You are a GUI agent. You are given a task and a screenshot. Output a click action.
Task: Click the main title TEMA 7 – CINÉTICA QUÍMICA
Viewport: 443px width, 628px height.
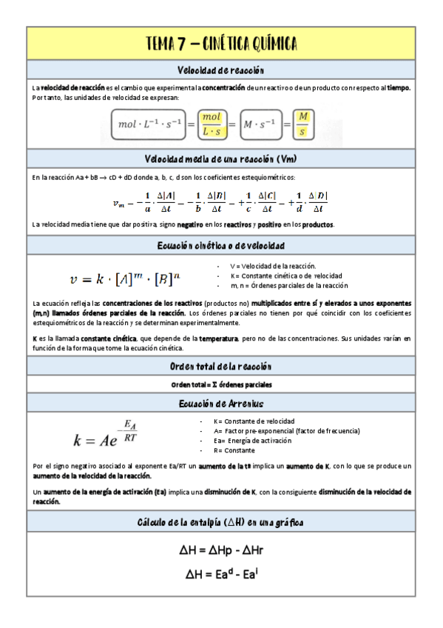(221, 44)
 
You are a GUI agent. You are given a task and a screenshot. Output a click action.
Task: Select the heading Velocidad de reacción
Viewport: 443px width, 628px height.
(221, 70)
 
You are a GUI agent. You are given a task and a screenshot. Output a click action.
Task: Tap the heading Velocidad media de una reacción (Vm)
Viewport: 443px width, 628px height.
(221, 159)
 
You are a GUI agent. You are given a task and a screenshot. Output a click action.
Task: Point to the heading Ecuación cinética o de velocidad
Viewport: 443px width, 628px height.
(221, 245)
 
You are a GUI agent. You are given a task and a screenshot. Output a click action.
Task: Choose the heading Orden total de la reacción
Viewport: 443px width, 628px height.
(221, 367)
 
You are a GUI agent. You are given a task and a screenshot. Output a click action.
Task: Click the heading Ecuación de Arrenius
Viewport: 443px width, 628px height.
(221, 404)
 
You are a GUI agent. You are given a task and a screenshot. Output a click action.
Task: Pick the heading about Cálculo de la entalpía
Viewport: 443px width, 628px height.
(221, 522)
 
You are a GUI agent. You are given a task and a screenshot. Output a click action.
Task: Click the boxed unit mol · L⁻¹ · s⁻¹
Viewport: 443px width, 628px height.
(150, 124)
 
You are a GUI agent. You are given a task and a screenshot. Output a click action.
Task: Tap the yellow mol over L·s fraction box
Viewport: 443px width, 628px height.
(212, 124)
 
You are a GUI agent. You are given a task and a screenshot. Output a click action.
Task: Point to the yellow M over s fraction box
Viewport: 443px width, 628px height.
(302, 124)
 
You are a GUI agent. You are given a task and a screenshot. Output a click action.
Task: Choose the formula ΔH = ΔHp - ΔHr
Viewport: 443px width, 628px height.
(221, 550)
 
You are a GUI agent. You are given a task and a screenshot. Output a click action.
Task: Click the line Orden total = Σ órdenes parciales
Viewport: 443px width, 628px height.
(221, 385)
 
